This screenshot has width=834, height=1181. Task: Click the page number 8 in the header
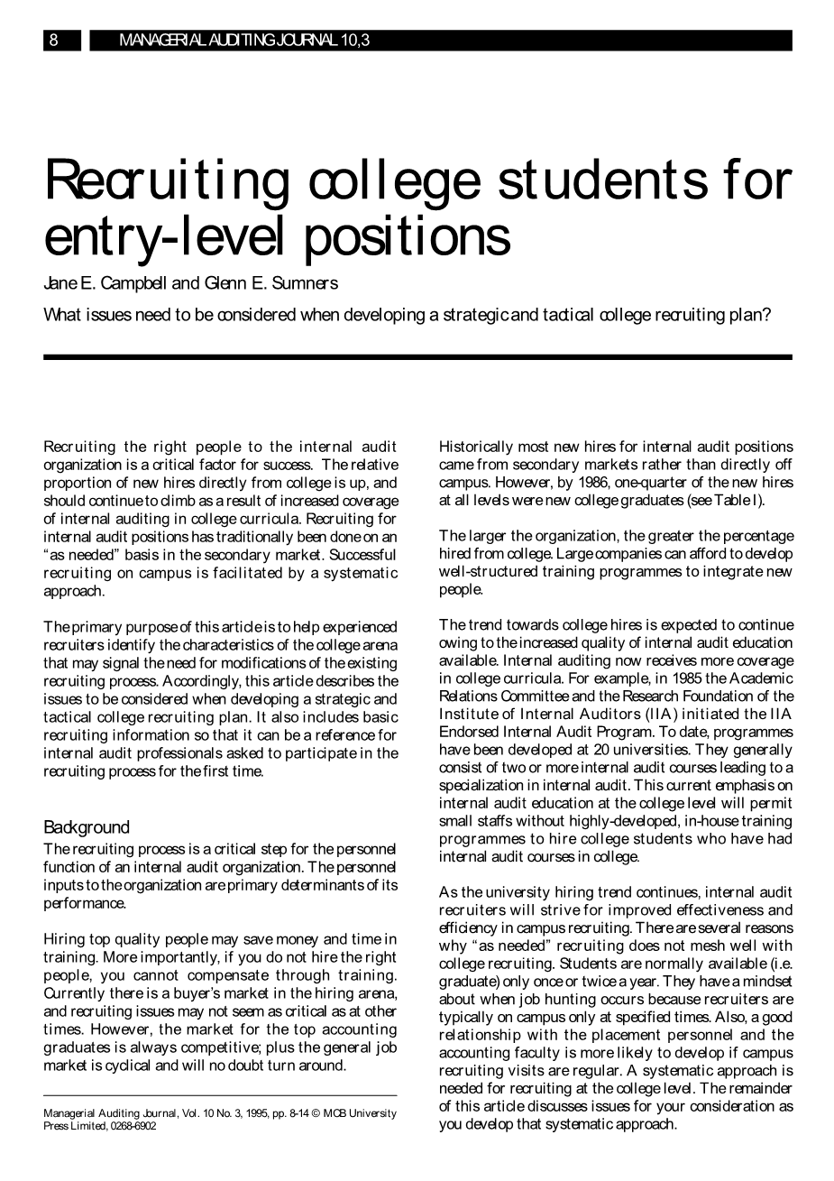click(54, 41)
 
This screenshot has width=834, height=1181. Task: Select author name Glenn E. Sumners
click(270, 283)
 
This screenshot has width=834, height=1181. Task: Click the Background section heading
click(87, 827)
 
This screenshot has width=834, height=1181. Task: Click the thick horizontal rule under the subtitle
click(417, 357)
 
